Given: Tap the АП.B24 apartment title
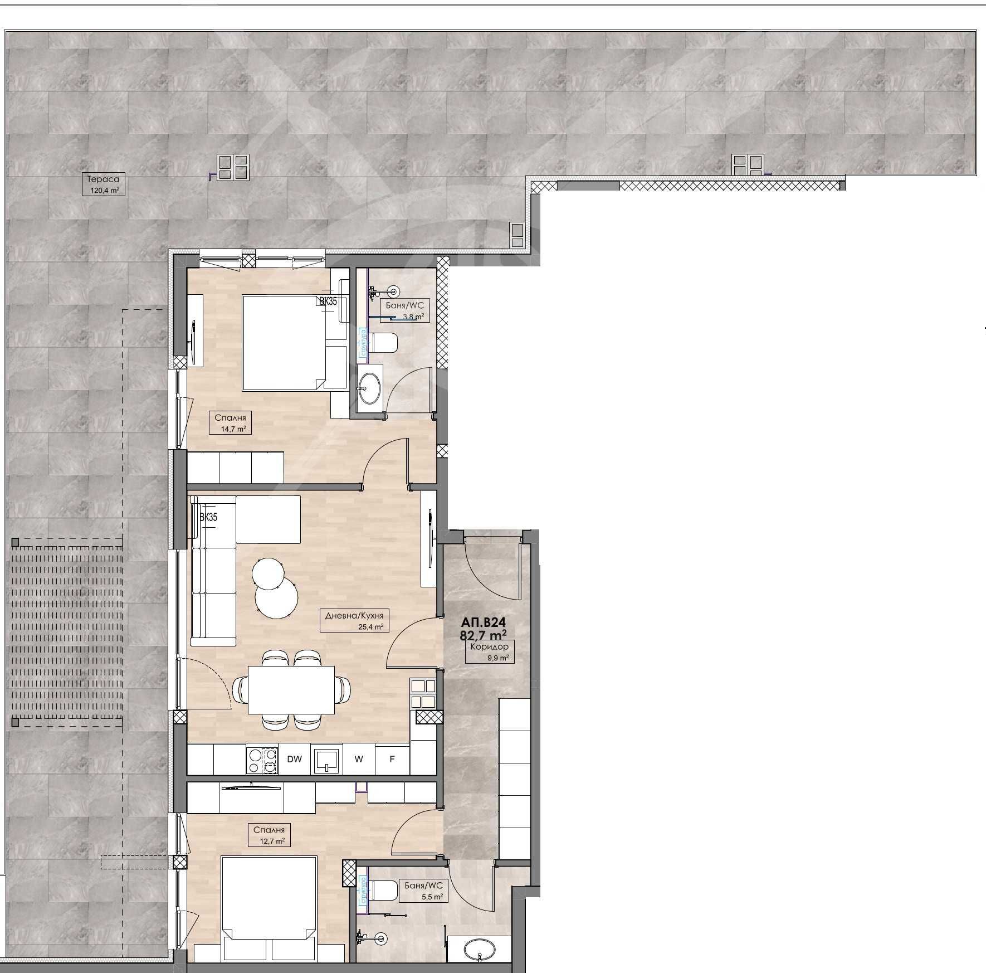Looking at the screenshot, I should [483, 622].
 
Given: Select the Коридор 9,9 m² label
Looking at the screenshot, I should [489, 651].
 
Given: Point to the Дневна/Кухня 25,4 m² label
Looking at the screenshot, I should [354, 620].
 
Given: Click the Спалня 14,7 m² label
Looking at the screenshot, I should [230, 422].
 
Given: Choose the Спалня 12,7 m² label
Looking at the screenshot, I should [269, 835].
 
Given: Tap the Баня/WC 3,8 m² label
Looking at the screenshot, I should [405, 311].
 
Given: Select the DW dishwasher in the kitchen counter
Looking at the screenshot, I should [294, 759].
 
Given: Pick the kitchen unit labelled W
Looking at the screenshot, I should [359, 759].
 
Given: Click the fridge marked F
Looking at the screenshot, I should [392, 759].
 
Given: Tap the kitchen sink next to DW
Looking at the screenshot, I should [327, 760].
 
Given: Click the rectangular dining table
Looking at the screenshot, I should [291, 690].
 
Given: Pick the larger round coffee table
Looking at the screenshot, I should [276, 598].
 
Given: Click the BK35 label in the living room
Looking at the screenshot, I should [208, 517].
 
